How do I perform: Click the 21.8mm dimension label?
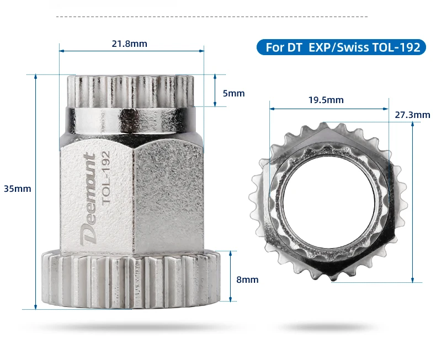tap(129, 44)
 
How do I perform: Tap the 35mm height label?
tap(17, 189)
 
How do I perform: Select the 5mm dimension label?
tap(233, 93)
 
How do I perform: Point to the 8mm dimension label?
tap(247, 280)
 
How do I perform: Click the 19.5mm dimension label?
tap(326, 100)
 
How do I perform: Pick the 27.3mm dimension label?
tap(412, 115)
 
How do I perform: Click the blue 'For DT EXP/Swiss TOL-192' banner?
tap(341, 47)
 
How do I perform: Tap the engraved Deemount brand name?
tap(88, 199)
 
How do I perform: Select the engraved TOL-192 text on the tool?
tap(106, 178)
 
